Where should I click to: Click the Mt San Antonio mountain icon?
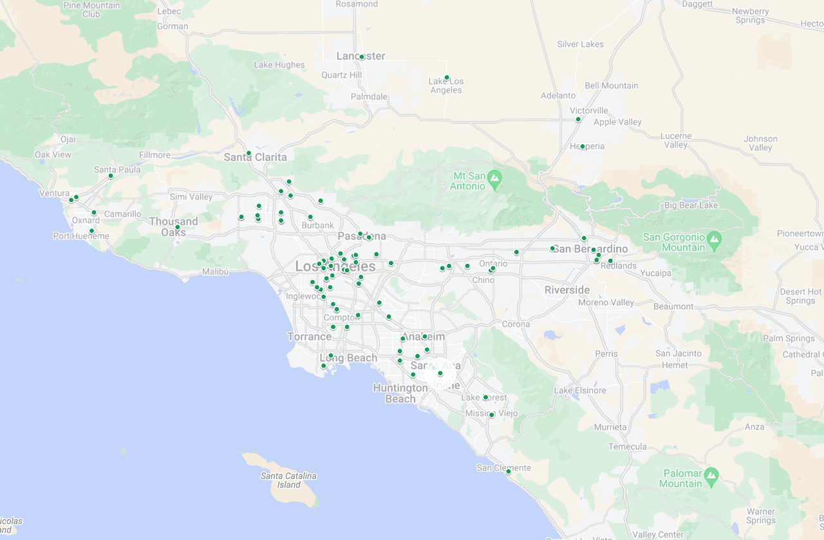click(494, 176)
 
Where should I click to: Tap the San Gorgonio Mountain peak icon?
click(713, 241)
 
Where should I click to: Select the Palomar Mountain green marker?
click(711, 476)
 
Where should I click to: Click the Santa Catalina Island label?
click(288, 480)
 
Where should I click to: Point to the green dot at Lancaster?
click(362, 57)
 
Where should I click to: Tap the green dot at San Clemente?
click(508, 471)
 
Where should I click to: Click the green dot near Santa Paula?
click(111, 176)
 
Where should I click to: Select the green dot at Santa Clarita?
click(248, 153)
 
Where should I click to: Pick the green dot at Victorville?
click(578, 119)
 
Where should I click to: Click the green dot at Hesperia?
click(582, 146)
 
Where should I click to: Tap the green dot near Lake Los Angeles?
click(447, 78)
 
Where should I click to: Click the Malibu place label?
click(215, 272)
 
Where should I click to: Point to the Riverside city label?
click(566, 290)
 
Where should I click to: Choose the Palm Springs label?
click(789, 338)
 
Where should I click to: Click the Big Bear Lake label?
click(691, 205)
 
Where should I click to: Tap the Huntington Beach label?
click(400, 393)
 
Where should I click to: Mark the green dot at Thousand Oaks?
click(177, 227)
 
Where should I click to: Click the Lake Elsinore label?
click(580, 391)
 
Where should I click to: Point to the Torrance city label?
click(309, 337)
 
